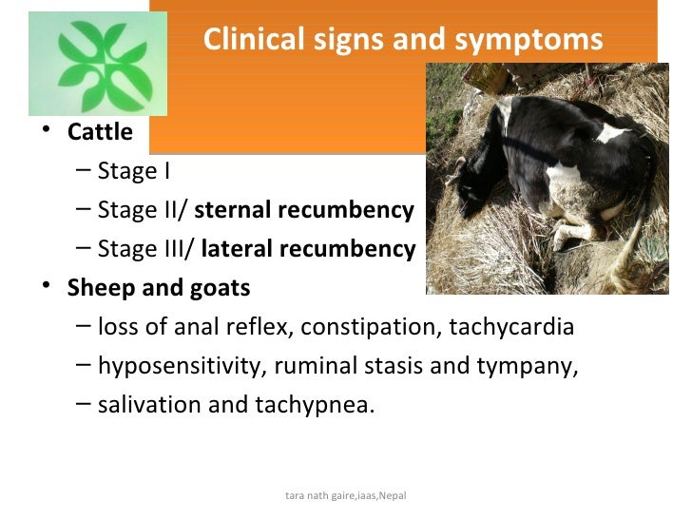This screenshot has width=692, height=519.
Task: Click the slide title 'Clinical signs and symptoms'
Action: pos(403,40)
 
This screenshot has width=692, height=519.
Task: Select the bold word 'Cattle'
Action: pos(100,132)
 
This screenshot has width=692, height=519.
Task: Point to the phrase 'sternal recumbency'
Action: pos(304,210)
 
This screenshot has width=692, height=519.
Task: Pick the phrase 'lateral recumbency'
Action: pos(308,249)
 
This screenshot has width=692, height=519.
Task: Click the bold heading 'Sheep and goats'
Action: pos(159,288)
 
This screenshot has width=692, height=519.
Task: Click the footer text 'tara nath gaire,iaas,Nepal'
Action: pos(346,496)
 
